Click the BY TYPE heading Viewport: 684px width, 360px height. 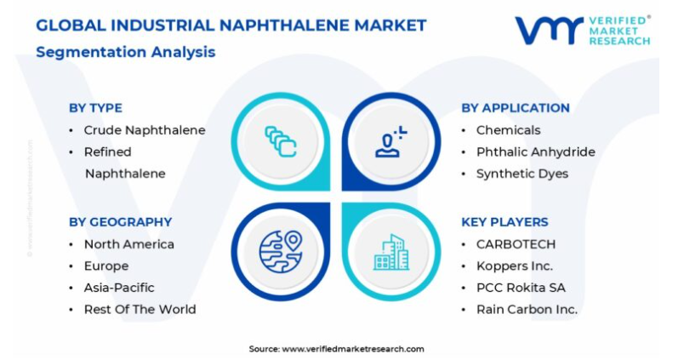point(95,108)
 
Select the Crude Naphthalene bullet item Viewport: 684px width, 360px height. point(145,130)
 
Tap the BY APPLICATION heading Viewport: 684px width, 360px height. point(516,108)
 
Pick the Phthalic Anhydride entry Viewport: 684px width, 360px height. point(535,151)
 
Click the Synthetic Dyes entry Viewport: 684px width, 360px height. point(522,174)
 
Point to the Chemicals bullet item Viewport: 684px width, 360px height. point(508,130)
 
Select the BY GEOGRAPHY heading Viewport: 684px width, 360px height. point(121,221)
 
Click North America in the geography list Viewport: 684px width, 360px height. point(128,244)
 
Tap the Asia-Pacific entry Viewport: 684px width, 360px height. point(119,288)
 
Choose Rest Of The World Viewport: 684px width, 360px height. point(140,310)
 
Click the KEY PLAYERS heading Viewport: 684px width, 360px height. point(504,221)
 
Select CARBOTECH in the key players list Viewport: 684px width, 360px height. point(516,244)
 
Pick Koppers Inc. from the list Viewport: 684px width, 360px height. point(515,266)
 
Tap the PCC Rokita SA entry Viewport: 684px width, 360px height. point(521,288)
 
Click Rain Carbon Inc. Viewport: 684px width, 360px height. point(527,310)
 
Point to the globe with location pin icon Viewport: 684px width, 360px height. point(281,252)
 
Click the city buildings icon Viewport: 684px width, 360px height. point(390,252)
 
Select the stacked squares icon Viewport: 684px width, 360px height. point(281,141)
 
